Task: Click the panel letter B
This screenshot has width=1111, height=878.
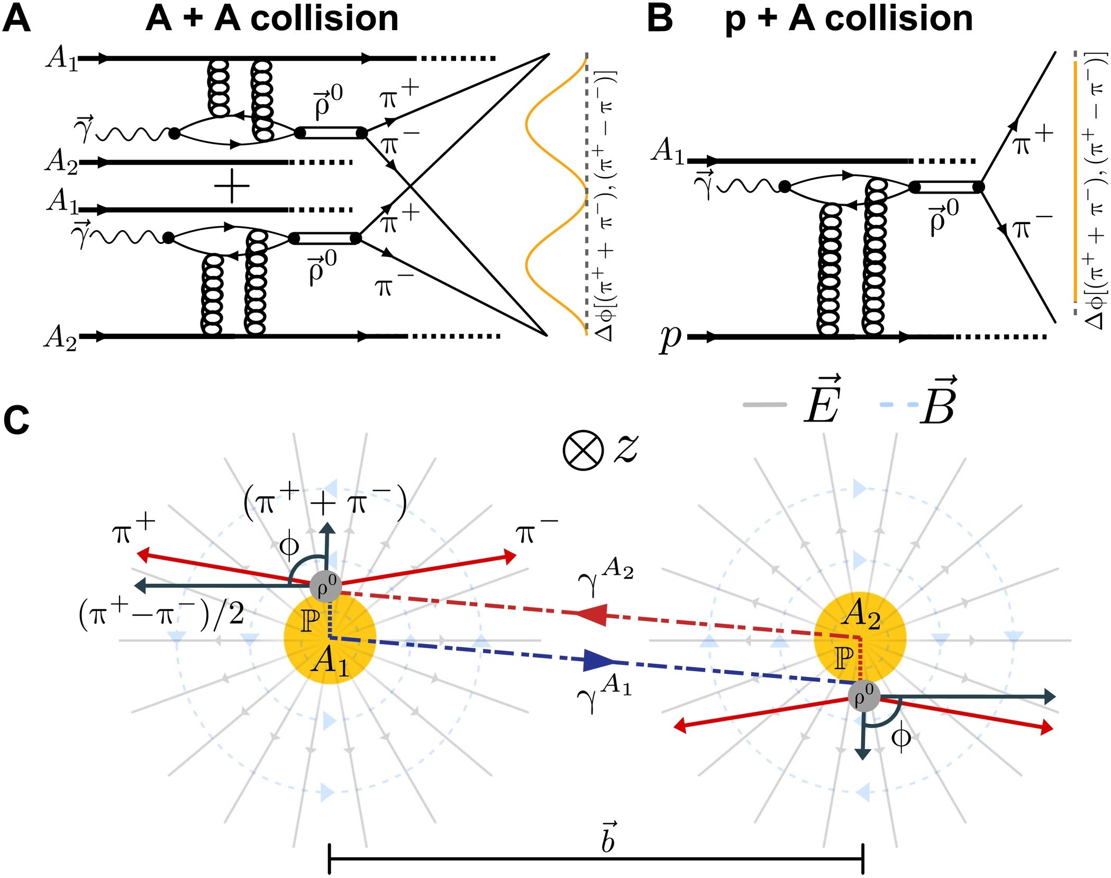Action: tap(660, 20)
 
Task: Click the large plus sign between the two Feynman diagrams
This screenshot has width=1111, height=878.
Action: tap(232, 186)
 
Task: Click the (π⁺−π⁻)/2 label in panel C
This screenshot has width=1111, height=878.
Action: tap(161, 615)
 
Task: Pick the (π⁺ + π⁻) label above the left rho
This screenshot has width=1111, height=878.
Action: tap(325, 501)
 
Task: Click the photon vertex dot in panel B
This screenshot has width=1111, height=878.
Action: tap(785, 187)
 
